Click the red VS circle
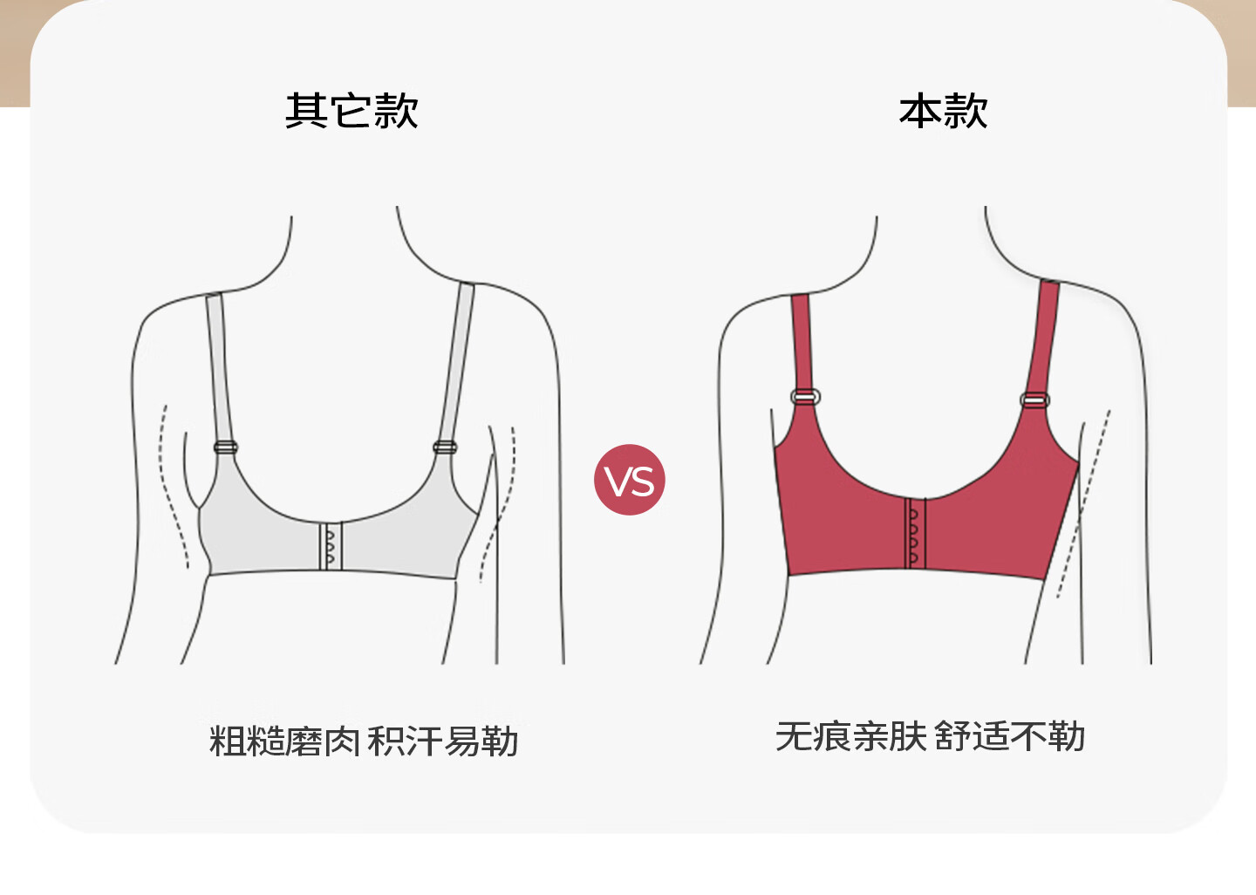tap(629, 480)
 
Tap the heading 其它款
tap(352, 111)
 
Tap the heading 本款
tap(943, 112)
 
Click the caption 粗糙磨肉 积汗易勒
tap(364, 741)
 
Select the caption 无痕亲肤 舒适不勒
tap(930, 736)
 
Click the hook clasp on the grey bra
tap(330, 546)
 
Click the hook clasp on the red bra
tap(914, 533)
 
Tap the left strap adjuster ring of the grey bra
tap(226, 447)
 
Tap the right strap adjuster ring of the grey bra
tap(445, 447)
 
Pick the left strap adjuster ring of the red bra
tap(805, 396)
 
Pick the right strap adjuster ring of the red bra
tap(1034, 400)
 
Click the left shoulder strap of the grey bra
tap(218, 366)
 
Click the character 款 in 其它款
tap(396, 111)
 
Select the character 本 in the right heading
tap(920, 112)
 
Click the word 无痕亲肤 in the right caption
tap(850, 736)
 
